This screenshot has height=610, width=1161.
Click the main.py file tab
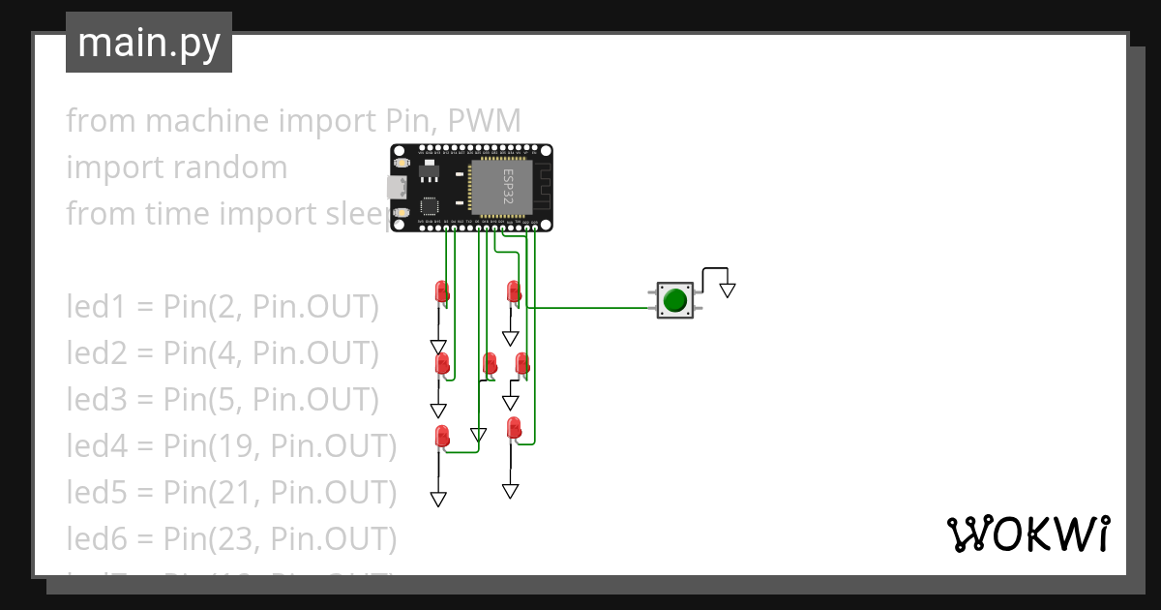point(149,44)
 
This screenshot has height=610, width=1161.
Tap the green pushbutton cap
point(674,301)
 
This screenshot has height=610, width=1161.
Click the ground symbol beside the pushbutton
point(728,289)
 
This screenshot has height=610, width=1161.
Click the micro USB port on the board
point(397,187)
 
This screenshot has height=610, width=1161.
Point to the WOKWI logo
point(1027,534)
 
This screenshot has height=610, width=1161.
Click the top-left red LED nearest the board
point(442,290)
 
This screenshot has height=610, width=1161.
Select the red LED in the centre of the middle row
point(490,364)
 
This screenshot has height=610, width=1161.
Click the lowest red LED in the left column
point(442,436)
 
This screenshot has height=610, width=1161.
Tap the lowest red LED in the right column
point(514,427)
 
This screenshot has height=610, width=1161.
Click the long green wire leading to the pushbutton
point(590,309)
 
